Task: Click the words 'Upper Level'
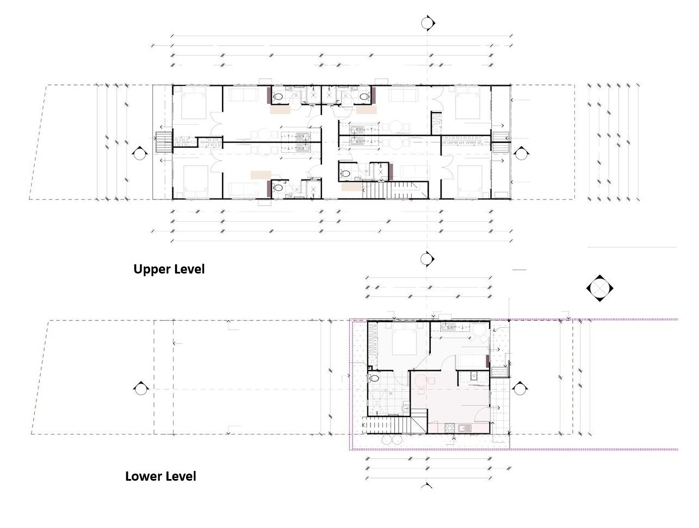[169, 269]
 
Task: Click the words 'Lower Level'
[160, 476]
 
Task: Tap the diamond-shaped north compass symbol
[600, 287]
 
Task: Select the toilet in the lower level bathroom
[374, 377]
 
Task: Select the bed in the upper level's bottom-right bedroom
[471, 181]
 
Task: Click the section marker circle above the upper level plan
[428, 23]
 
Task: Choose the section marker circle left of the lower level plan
[140, 388]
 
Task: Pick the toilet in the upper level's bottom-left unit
[278, 188]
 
